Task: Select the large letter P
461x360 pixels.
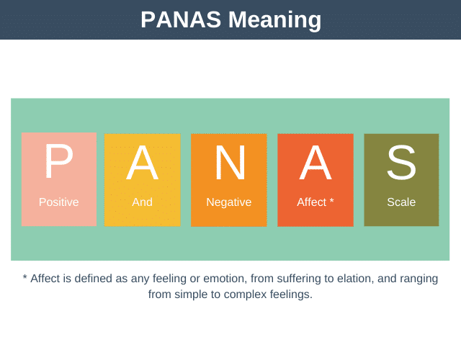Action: (58, 162)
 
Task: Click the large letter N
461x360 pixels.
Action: (230, 163)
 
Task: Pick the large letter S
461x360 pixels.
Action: (401, 163)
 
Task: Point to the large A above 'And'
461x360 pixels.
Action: (142, 163)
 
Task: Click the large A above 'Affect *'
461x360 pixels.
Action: (315, 163)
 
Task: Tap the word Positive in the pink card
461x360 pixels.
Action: (58, 202)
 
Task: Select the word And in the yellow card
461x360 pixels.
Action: (142, 202)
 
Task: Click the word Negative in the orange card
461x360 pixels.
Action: (229, 202)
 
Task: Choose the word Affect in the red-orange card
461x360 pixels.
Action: (311, 202)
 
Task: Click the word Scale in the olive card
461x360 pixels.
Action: (401, 202)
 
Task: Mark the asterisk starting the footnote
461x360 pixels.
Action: (25, 277)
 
